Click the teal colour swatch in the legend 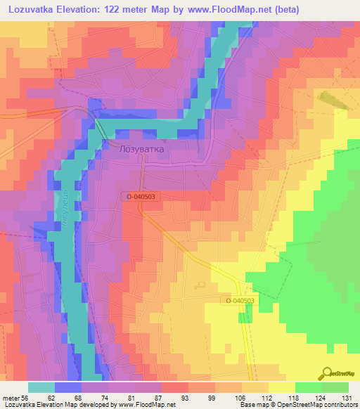41,387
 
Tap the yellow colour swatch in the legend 281,387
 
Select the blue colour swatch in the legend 68,387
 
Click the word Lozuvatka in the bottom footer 17,405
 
